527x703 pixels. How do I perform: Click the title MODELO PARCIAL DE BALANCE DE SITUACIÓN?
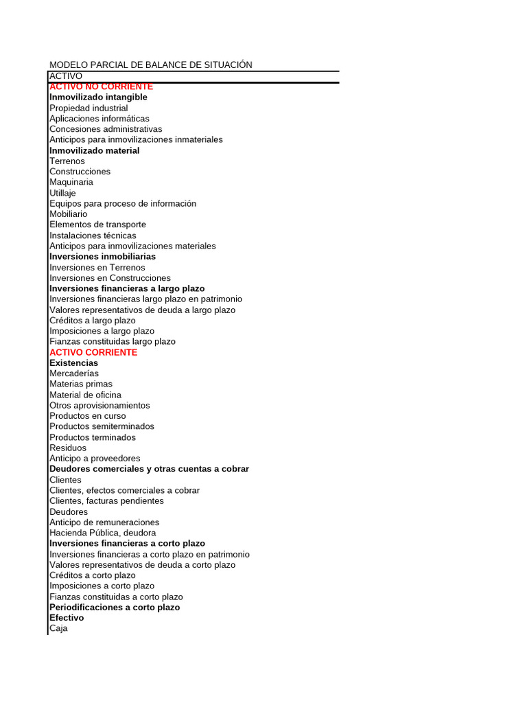pos(151,65)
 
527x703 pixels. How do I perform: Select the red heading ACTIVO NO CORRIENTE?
pos(101,87)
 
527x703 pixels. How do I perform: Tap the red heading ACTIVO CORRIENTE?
pos(93,352)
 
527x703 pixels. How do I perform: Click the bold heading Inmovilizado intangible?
pos(98,97)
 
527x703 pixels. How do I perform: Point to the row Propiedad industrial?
pos(89,108)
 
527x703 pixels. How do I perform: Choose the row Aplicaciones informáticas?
pos(99,118)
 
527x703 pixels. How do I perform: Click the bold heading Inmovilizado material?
pos(94,150)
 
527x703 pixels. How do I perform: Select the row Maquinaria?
pos(71,182)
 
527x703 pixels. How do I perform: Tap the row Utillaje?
pos(63,193)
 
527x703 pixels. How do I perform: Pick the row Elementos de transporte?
pos(97,224)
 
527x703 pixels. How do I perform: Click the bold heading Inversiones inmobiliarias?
pos(102,256)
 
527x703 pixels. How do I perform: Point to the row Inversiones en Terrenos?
pos(97,267)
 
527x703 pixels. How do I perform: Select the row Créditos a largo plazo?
pos(93,320)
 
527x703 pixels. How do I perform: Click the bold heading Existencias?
pos(73,362)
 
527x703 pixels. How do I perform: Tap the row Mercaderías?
pos(74,373)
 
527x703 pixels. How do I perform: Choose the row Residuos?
pos(68,448)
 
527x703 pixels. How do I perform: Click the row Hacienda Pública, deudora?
pos(103,533)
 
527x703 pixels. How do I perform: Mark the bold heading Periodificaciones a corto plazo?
pos(115,607)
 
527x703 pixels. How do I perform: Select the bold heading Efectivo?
pos(67,618)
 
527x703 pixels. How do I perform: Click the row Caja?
pos(59,628)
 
